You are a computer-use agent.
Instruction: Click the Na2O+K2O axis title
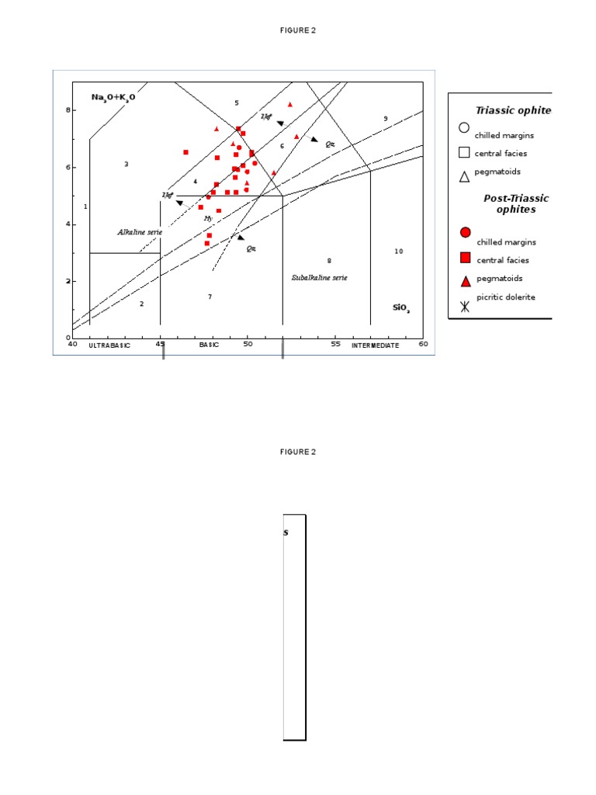pyautogui.click(x=113, y=97)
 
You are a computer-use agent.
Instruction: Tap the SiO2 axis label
pyautogui.click(x=401, y=308)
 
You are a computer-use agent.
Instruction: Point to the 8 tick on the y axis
pyautogui.click(x=68, y=110)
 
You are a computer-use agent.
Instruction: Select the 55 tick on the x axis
pyautogui.click(x=334, y=345)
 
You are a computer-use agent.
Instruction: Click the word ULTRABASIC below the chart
pyautogui.click(x=109, y=345)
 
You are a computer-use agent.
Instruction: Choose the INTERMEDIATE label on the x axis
pyautogui.click(x=375, y=345)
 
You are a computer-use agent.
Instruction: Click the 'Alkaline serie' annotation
pyautogui.click(x=140, y=232)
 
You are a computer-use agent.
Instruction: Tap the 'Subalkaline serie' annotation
pyautogui.click(x=319, y=277)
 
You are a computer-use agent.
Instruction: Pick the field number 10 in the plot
pyautogui.click(x=398, y=252)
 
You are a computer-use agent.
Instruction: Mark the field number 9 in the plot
pyautogui.click(x=385, y=119)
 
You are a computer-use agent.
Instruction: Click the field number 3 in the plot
pyautogui.click(x=126, y=164)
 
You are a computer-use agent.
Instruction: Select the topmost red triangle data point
pyautogui.click(x=290, y=104)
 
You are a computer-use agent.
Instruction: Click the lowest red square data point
pyautogui.click(x=207, y=244)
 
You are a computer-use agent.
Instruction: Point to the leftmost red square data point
pyautogui.click(x=185, y=152)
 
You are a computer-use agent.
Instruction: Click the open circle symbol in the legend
pyautogui.click(x=464, y=128)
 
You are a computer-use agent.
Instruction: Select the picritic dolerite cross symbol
pyautogui.click(x=464, y=306)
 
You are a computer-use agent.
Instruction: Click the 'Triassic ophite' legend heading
pyautogui.click(x=513, y=110)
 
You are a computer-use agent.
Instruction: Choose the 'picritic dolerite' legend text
pyautogui.click(x=505, y=297)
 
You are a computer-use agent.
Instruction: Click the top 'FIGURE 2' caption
pyautogui.click(x=298, y=30)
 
